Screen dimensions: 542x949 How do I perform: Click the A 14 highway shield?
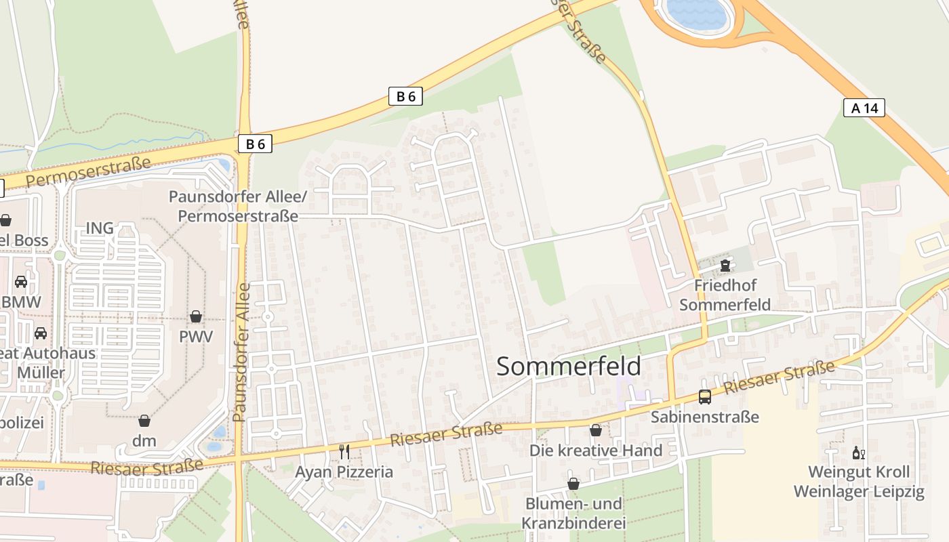[864, 107]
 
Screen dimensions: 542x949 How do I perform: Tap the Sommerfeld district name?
[569, 366]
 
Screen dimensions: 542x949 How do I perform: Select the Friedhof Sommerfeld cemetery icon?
[725, 264]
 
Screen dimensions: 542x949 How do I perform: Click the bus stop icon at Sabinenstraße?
[705, 397]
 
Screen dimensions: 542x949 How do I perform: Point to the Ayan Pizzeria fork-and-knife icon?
[344, 451]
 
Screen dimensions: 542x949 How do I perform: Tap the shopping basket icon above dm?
[144, 421]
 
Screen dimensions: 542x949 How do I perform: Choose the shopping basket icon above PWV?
[196, 316]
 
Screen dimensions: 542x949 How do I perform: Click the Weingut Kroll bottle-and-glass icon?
[858, 453]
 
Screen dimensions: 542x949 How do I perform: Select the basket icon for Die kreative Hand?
[595, 430]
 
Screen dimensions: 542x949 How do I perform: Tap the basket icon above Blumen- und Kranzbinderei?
[573, 484]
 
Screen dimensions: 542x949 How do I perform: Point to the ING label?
[100, 228]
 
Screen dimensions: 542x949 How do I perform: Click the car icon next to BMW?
[21, 282]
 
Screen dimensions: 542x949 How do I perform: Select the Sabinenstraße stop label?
[705, 417]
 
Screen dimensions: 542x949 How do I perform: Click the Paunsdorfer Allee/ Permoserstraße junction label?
[237, 206]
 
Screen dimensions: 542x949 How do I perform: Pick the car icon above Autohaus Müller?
[41, 333]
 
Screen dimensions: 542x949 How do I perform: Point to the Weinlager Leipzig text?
[859, 491]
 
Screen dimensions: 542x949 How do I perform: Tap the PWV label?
[196, 337]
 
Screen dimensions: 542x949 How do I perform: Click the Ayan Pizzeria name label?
[344, 472]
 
